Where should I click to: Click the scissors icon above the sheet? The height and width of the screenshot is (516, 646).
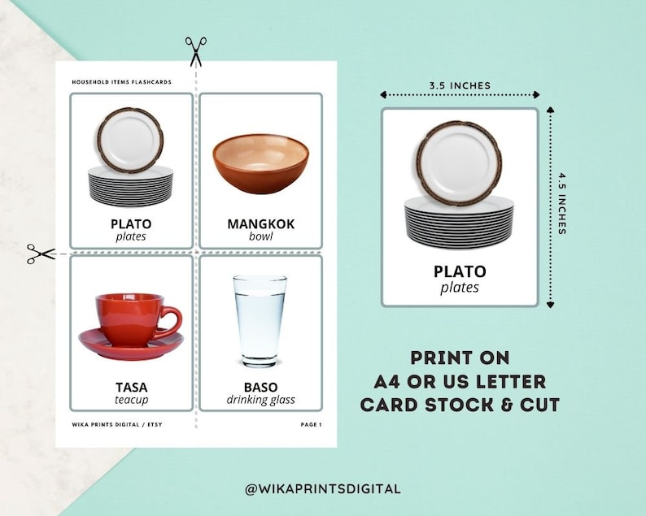click(x=195, y=50)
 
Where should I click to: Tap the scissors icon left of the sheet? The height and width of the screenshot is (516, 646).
click(x=40, y=254)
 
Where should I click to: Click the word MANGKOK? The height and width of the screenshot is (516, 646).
click(x=260, y=223)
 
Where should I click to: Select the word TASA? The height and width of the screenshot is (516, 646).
click(x=131, y=387)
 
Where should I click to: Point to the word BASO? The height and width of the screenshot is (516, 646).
click(x=260, y=387)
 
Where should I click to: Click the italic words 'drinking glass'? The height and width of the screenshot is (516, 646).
click(x=260, y=400)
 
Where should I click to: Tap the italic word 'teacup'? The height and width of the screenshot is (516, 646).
click(x=131, y=400)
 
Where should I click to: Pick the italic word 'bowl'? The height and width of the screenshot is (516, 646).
click(x=260, y=236)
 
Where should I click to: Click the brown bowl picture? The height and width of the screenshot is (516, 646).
click(x=260, y=163)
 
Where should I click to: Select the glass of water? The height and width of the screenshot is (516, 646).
click(x=260, y=321)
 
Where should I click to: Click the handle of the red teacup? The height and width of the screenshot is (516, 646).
click(x=171, y=317)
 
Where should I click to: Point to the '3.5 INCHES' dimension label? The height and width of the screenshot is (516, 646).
click(x=460, y=85)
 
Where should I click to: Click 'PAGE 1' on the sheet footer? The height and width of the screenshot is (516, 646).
click(x=311, y=425)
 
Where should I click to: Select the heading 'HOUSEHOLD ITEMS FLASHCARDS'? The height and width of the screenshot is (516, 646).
click(x=121, y=82)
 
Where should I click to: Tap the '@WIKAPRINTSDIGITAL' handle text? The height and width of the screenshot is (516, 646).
click(x=322, y=488)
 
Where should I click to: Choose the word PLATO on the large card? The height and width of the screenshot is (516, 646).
click(x=460, y=271)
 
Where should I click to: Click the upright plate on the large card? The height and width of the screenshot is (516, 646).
click(x=459, y=162)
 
